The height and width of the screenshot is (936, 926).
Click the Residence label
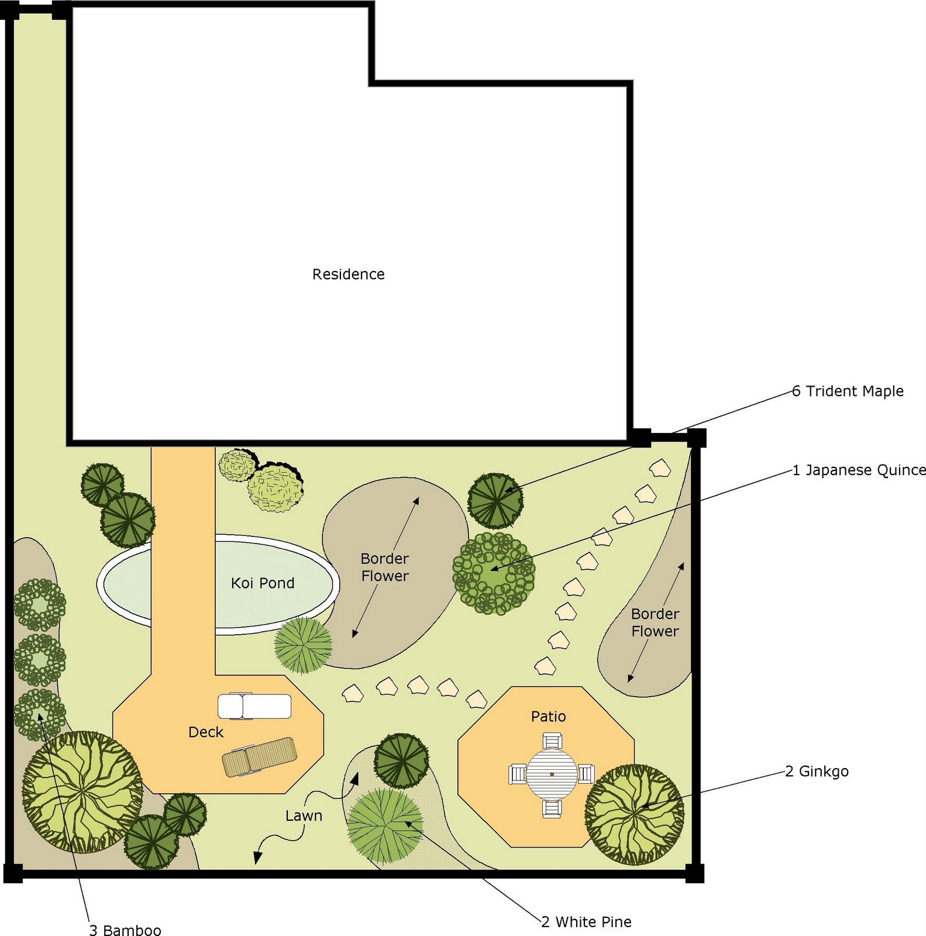tap(348, 274)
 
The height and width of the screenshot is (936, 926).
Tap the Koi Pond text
tap(263, 583)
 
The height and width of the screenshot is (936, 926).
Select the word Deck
tap(206, 732)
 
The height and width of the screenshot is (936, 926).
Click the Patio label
tap(548, 716)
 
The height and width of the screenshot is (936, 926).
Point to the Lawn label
tap(304, 815)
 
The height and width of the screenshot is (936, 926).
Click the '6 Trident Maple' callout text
tap(848, 391)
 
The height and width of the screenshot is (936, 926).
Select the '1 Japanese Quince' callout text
tap(859, 470)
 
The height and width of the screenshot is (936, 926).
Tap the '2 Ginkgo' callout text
tap(817, 772)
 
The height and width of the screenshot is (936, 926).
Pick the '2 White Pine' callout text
tap(586, 922)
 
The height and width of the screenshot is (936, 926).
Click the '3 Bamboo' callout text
tap(125, 930)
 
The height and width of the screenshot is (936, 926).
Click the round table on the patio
tap(552, 774)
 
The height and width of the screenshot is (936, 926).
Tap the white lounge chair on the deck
tap(254, 706)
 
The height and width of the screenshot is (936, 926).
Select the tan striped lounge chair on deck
tap(260, 756)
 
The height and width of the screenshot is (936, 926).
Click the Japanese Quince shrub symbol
tap(494, 573)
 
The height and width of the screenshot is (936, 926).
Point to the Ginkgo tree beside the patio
tap(635, 814)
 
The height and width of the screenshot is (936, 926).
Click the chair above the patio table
tap(552, 741)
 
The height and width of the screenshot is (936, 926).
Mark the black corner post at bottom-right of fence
tap(694, 873)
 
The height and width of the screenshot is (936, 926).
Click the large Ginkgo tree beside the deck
tap(82, 792)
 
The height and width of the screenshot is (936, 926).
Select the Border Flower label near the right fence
tap(655, 622)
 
